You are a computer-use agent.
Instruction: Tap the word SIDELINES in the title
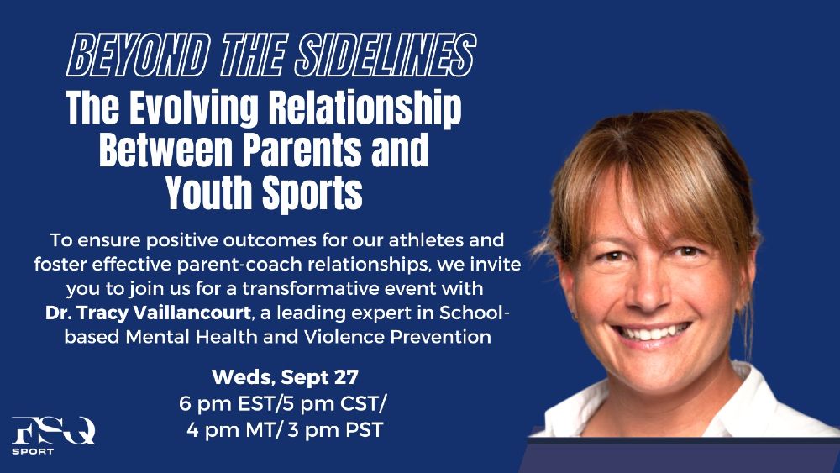pyautogui.click(x=385, y=55)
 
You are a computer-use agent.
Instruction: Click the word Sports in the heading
pyautogui.click(x=312, y=193)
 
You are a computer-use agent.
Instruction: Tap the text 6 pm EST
pyautogui.click(x=227, y=403)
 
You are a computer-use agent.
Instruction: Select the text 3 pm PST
pyautogui.click(x=335, y=429)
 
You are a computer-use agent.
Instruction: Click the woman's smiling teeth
pyautogui.click(x=653, y=332)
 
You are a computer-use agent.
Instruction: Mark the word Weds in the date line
pyautogui.click(x=243, y=377)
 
